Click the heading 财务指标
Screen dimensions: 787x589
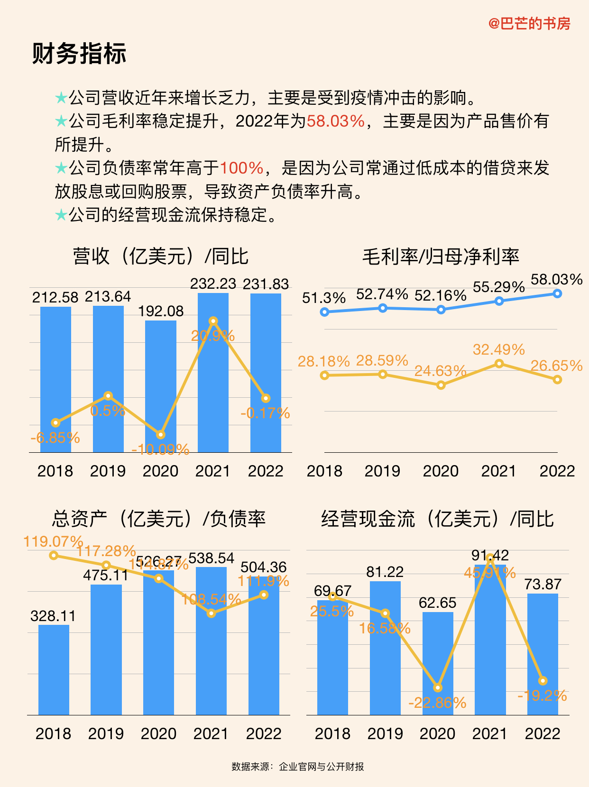pyautogui.click(x=79, y=53)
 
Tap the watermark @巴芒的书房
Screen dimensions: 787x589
pyautogui.click(x=529, y=23)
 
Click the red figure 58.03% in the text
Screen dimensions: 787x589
pyautogui.click(x=336, y=121)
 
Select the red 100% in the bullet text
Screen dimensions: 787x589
pyautogui.click(x=241, y=168)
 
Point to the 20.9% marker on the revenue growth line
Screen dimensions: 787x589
pyautogui.click(x=213, y=321)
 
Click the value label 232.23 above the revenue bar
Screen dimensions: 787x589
pyautogui.click(x=213, y=284)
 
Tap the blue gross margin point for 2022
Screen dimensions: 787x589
pyautogui.click(x=557, y=293)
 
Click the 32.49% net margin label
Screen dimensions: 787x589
pyautogui.click(x=498, y=349)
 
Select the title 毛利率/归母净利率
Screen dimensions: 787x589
pyautogui.click(x=441, y=256)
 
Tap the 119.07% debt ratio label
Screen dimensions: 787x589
pyautogui.click(x=53, y=541)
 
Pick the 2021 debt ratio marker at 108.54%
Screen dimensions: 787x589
pyautogui.click(x=212, y=613)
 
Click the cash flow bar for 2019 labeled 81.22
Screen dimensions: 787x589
pyautogui.click(x=385, y=650)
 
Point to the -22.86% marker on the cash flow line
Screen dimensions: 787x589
pyautogui.click(x=438, y=687)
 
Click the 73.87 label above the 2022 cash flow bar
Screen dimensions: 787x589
pyautogui.click(x=543, y=584)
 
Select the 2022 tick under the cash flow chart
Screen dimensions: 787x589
pyautogui.click(x=543, y=733)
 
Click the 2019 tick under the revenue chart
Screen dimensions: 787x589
pyautogui.click(x=108, y=471)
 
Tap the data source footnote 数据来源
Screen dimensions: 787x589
pyautogui.click(x=297, y=767)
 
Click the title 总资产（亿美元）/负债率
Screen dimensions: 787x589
pyautogui.click(x=159, y=519)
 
